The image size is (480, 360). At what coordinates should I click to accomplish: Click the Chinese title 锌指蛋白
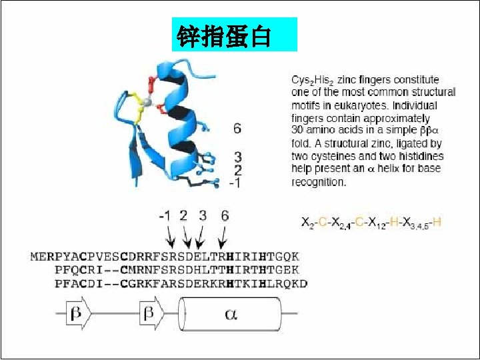pos(223,35)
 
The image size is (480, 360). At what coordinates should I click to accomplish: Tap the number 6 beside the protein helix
pos(237,128)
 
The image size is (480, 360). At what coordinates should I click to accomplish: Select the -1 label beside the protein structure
pos(235,182)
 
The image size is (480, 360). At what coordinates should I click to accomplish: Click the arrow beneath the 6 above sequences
pos(224,237)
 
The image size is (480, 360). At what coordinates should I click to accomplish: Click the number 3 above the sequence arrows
pos(202,215)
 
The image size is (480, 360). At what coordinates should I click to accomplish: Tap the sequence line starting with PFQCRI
pos(177,270)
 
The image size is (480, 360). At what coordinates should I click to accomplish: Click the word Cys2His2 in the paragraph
pos(313,80)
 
